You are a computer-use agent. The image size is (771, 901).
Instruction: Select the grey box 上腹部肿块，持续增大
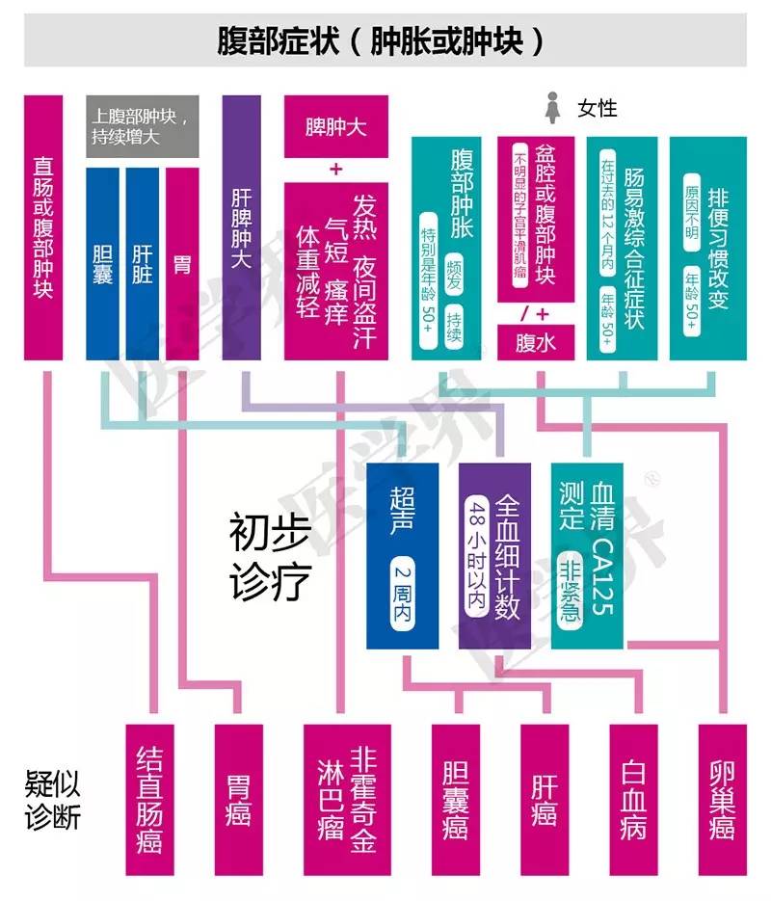[143, 126]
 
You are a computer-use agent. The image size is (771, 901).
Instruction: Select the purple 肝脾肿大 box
[241, 227]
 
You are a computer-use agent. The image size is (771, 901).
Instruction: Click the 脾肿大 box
[335, 126]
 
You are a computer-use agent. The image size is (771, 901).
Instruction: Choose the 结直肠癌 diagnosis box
[150, 799]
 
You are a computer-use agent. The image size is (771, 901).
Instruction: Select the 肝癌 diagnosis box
[544, 799]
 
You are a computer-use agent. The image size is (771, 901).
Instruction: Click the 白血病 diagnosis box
[632, 799]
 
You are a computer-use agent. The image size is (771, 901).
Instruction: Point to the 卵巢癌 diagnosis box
[721, 799]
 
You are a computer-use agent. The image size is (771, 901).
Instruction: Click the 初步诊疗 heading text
[269, 556]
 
